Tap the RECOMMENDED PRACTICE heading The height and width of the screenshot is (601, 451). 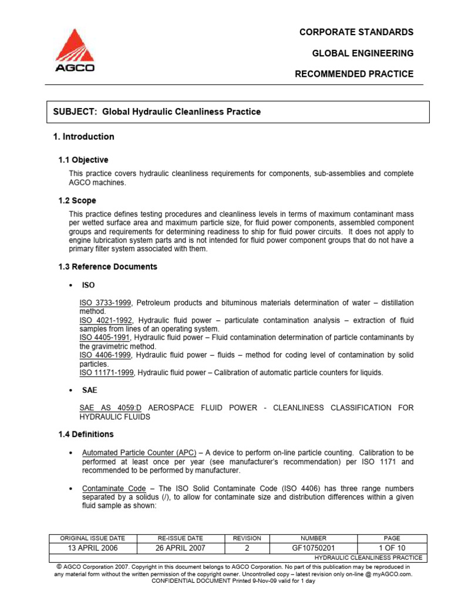354,74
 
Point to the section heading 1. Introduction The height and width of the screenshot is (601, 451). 84,137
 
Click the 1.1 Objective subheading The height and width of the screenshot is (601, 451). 83,160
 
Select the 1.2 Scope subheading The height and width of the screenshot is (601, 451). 77,200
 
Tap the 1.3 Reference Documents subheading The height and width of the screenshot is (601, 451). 108,266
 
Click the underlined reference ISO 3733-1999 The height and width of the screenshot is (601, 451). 106,303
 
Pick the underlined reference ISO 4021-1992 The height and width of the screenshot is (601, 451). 106,320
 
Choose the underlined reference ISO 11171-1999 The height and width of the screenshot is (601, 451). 108,373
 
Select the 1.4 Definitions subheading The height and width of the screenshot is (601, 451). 86,434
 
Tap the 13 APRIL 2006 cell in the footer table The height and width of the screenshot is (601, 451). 92,548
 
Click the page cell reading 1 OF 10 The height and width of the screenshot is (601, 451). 392,548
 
